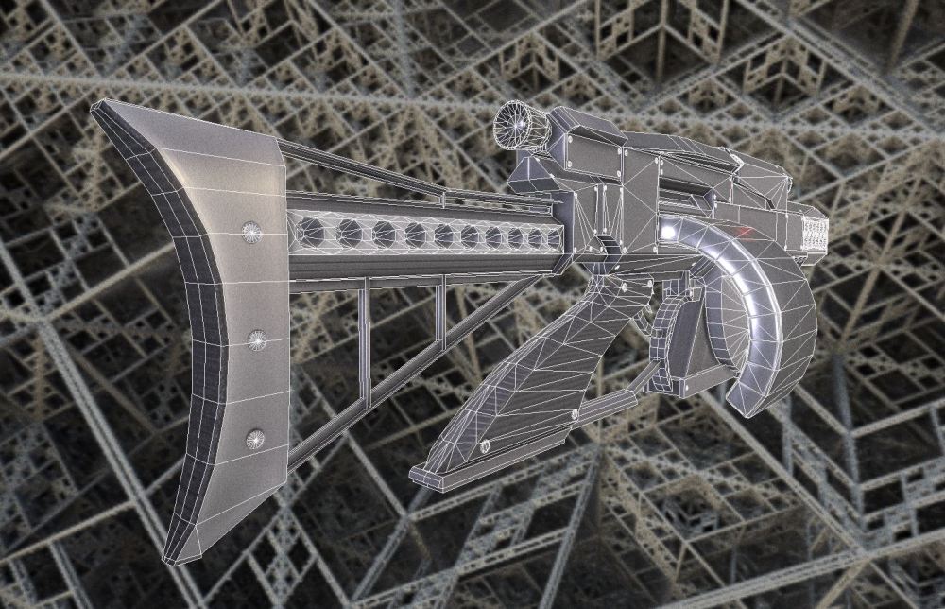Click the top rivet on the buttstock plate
tap(252, 231)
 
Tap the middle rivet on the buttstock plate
tap(255, 338)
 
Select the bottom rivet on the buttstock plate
tap(255, 436)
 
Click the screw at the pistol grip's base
tap(486, 445)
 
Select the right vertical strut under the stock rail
tap(440, 321)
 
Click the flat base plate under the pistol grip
tap(491, 468)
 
